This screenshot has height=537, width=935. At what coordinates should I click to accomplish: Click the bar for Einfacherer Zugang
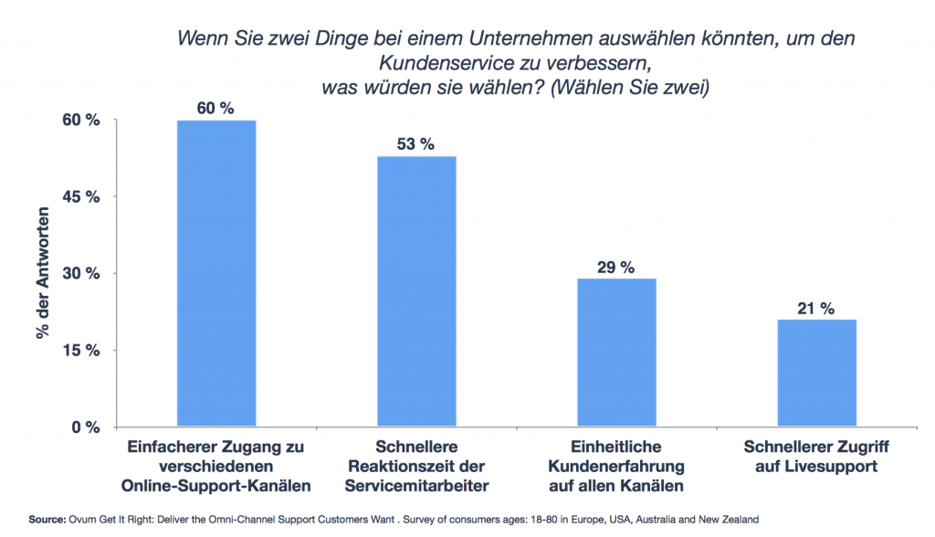(x=215, y=274)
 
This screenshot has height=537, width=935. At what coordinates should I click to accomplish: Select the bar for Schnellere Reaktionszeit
(x=416, y=292)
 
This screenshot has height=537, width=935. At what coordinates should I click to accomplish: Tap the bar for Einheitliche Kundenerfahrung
(x=616, y=353)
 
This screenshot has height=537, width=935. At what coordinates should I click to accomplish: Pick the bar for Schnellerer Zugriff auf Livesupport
(x=816, y=374)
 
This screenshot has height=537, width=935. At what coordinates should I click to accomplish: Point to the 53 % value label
(x=416, y=144)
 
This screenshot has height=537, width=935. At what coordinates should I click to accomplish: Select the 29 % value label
(x=616, y=267)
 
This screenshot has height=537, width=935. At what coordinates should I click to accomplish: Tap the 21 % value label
(x=816, y=308)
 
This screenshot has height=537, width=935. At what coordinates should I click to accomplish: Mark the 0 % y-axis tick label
(x=83, y=426)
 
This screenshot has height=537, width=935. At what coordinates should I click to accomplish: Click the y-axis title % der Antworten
(x=43, y=274)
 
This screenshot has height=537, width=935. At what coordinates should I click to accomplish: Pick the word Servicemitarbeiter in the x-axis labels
(x=416, y=483)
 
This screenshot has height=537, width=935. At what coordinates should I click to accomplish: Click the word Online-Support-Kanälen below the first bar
(x=216, y=483)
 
